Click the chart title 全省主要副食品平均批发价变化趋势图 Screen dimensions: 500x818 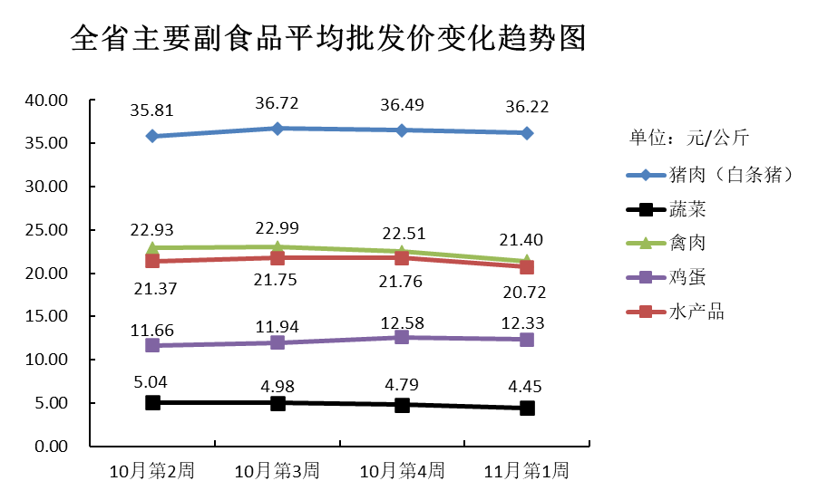pyautogui.click(x=327, y=40)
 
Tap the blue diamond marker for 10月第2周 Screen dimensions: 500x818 pyautogui.click(x=152, y=136)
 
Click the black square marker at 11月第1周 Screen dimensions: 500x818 pyautogui.click(x=527, y=408)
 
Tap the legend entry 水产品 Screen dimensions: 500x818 pyautogui.click(x=696, y=312)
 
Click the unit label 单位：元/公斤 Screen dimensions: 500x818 pyautogui.click(x=689, y=139)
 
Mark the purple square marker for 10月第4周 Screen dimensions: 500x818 pyautogui.click(x=402, y=337)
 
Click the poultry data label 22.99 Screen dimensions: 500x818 pyautogui.click(x=278, y=227)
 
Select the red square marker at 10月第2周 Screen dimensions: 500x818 pyautogui.click(x=152, y=261)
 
